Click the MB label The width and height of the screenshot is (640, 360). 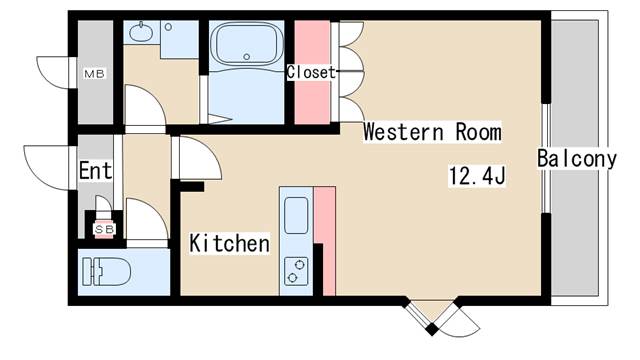94,74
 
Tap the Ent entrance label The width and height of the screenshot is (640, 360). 96,171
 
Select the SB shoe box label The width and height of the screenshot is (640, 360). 104,230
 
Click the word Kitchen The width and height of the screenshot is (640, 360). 229,243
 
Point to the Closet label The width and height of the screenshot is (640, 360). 311,72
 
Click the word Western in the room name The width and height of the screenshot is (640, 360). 403,132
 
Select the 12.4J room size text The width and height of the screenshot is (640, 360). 477,176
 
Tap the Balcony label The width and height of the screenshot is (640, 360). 576,158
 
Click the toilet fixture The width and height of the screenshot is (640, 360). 106,271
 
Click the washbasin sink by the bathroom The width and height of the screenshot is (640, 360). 142,32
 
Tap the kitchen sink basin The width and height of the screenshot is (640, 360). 296,215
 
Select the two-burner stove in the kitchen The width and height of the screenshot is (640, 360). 296,271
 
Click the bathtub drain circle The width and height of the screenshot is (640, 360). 246,57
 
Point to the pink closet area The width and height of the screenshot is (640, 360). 312,72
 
